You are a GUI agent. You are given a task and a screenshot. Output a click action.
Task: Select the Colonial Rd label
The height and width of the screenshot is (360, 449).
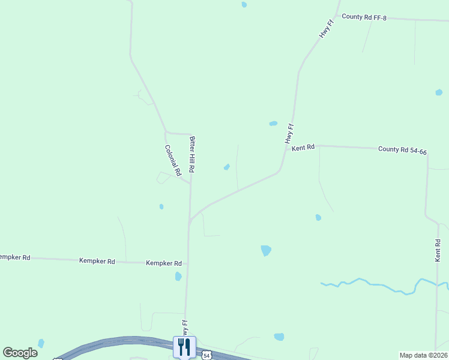click(173, 160)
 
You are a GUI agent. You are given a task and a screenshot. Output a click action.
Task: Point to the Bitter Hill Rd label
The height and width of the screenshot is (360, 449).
click(192, 154)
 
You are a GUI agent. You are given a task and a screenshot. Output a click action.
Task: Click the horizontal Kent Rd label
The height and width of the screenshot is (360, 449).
click(303, 147)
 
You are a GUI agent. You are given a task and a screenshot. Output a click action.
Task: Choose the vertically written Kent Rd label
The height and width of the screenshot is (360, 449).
click(438, 250)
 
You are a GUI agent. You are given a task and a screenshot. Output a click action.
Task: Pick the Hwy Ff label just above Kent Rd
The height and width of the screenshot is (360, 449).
click(290, 133)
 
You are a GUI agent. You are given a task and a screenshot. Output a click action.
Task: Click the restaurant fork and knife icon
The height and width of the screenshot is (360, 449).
click(184, 347)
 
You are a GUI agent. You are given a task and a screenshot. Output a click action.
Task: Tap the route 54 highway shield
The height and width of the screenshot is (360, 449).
click(206, 355)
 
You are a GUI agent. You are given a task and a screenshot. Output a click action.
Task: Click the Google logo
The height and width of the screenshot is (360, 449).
click(20, 353)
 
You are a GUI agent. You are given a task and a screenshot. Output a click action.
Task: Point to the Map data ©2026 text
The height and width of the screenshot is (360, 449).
click(423, 355)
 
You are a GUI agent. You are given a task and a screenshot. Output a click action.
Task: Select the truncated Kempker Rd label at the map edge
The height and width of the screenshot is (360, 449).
click(14, 257)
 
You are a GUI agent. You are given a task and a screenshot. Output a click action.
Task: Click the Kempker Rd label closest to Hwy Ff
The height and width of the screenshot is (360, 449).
click(164, 263)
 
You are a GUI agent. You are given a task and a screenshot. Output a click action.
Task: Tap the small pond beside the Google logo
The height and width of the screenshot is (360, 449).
click(41, 343)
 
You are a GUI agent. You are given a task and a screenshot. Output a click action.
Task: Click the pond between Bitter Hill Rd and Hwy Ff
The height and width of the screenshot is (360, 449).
click(227, 167)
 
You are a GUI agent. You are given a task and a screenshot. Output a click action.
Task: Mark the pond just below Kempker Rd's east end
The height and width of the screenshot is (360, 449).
click(178, 277)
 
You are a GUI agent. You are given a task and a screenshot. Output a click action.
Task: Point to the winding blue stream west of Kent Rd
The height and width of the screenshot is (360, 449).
click(372, 284)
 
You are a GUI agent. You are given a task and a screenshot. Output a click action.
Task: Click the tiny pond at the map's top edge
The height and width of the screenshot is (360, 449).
click(244, 4)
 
